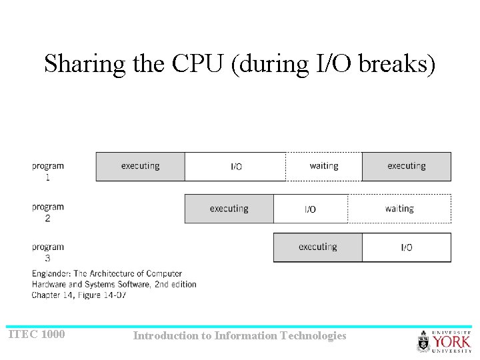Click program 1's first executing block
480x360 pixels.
tap(140, 167)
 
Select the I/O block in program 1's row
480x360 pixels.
tap(235, 167)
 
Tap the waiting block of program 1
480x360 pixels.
tap(324, 167)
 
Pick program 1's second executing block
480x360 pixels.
tap(406, 167)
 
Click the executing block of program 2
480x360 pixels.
tap(229, 209)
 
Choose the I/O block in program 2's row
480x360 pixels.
tap(311, 209)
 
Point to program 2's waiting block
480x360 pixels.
tap(399, 209)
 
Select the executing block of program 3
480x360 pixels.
tap(317, 247)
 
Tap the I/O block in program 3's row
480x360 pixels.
tap(406, 247)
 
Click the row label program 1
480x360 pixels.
tap(47, 171)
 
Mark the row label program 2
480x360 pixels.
tap(47, 212)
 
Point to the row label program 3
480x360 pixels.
tap(47, 252)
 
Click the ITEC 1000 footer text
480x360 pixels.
tap(37, 334)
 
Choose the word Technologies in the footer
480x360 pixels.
tap(314, 336)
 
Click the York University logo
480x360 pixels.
tap(443, 341)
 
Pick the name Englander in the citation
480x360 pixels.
tap(51, 273)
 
